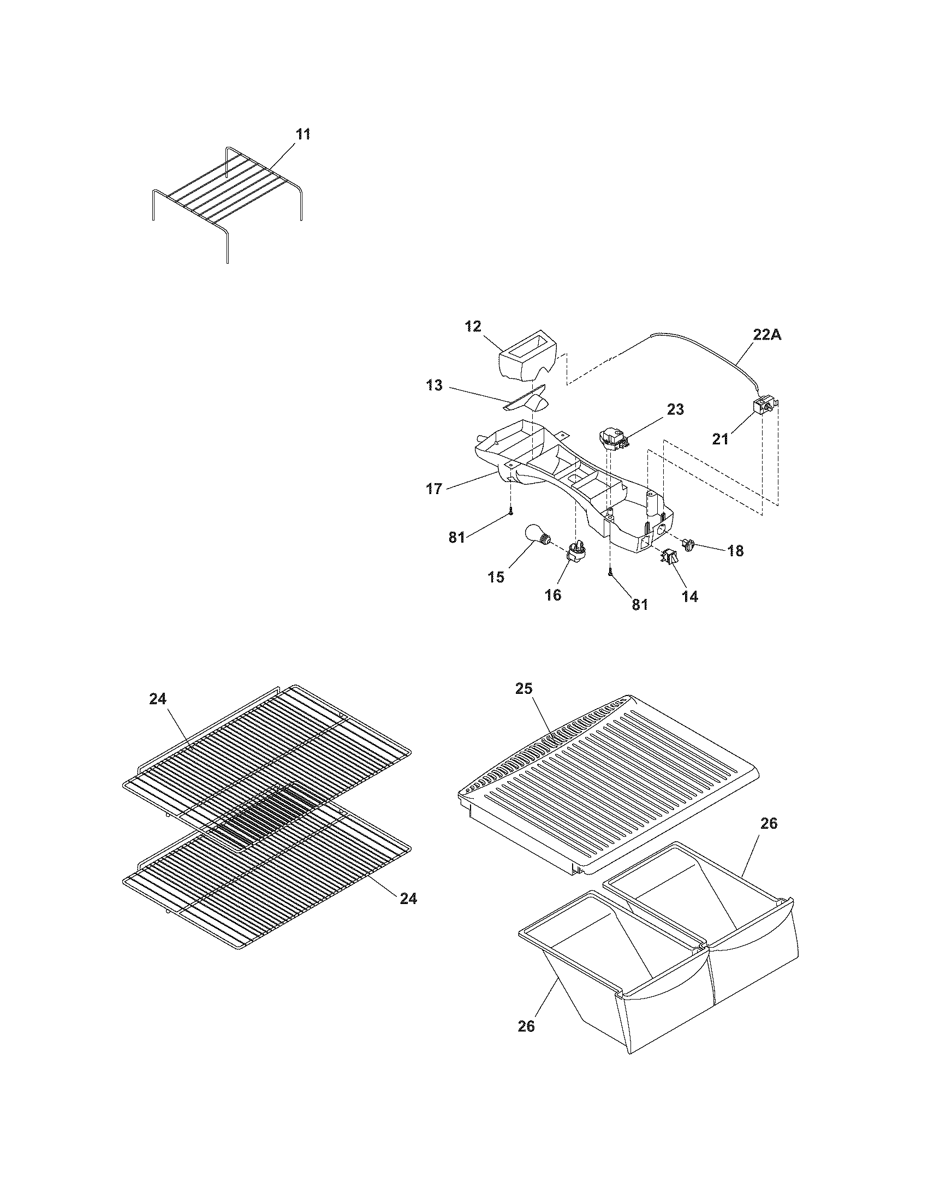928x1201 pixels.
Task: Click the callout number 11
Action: (303, 134)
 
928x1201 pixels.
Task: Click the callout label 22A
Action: (767, 335)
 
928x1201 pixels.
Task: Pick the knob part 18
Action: (688, 545)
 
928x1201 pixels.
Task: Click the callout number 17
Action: (435, 489)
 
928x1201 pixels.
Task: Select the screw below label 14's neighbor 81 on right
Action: (610, 574)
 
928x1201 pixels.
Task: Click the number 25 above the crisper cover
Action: (524, 688)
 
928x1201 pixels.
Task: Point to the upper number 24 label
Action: (158, 698)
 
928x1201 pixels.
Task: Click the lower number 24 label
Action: (408, 898)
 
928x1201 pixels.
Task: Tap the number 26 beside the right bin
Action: (769, 824)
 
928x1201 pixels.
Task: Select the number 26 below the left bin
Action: (526, 1026)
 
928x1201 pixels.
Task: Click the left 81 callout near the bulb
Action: (457, 537)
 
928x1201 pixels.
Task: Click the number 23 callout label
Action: (676, 409)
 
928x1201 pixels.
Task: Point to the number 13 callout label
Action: (435, 385)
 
